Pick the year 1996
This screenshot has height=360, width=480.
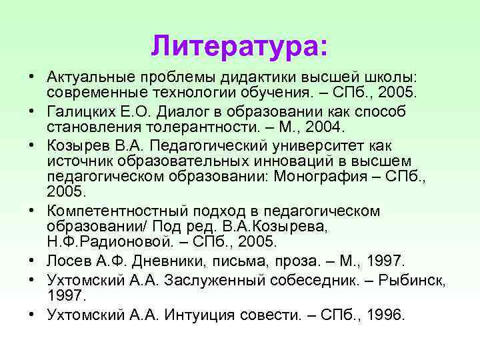(x=385, y=315)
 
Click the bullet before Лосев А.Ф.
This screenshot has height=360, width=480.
(x=32, y=260)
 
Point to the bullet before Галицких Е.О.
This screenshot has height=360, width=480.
(x=32, y=111)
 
